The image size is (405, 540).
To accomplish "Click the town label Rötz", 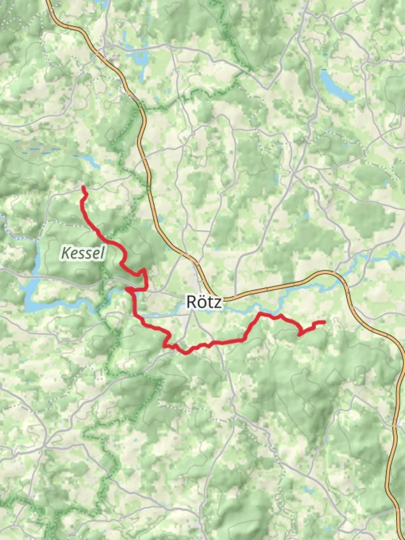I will pyautogui.click(x=204, y=301).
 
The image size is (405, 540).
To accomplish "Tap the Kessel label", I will pyautogui.click(x=82, y=253).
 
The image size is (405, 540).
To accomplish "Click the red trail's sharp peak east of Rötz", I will pyautogui.click(x=260, y=313).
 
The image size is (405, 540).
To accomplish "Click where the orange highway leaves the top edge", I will pyautogui.click(x=48, y=1).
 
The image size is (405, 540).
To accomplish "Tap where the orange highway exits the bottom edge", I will pyautogui.click(x=400, y=538).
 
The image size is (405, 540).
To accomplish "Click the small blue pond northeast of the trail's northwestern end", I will pyautogui.click(x=92, y=161).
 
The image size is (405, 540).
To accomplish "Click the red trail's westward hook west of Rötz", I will pyautogui.click(x=128, y=289).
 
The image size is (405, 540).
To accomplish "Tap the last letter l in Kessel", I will pyautogui.click(x=102, y=253).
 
